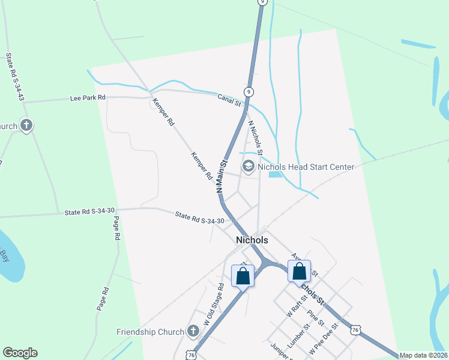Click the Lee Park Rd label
point(88,97)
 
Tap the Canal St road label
point(229,100)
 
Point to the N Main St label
point(221,176)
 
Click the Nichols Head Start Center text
point(306,167)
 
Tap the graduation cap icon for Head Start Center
point(247,165)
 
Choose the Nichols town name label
point(252,239)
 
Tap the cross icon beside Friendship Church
point(193,331)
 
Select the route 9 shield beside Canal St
point(248,91)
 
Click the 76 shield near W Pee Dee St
point(357,330)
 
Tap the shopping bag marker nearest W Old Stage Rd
point(243,277)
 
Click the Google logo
point(20,353)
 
